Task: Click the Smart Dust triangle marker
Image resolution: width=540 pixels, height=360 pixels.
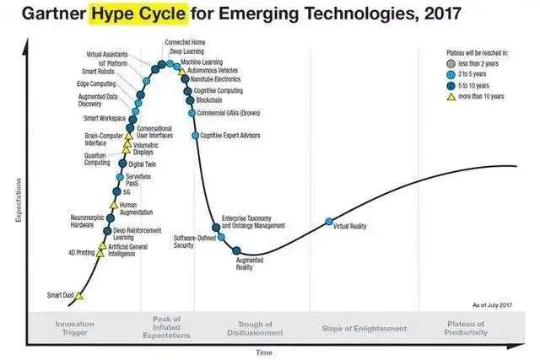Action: pos(79,296)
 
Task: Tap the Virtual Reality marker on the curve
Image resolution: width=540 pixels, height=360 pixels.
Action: pos(329,222)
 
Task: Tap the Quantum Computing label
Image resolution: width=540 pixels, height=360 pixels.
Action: pos(96,159)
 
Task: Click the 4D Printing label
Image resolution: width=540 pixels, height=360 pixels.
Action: pos(81,252)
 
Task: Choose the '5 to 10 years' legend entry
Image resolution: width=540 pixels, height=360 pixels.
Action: pos(478,86)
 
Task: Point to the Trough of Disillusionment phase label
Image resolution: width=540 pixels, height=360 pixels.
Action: pos(255,328)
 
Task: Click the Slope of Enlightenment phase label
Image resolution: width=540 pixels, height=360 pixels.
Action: pos(360,328)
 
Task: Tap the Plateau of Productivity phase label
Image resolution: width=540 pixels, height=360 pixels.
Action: pos(466,328)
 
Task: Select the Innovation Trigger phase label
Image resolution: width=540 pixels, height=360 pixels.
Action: pos(74,328)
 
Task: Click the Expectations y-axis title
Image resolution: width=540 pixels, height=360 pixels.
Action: pos(18,201)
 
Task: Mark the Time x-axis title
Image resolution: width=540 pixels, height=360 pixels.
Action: pos(264,352)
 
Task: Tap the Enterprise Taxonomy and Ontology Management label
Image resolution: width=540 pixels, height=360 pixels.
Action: pos(253,221)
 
